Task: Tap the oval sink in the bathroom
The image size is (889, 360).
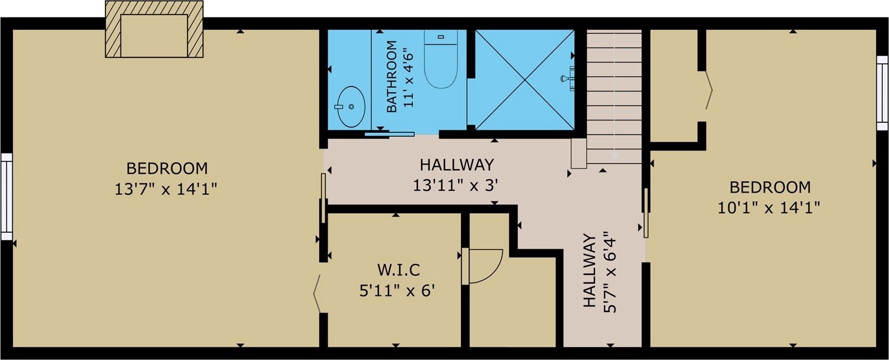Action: click(x=351, y=107)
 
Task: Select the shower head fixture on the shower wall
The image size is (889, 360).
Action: click(x=568, y=78)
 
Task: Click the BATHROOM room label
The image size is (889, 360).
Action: click(x=392, y=76)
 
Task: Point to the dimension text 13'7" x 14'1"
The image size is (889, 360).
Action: click(x=166, y=189)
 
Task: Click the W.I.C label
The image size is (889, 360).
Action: click(x=398, y=270)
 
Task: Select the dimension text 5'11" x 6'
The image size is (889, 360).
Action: click(x=397, y=291)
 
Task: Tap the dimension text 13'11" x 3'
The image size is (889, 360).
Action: click(x=455, y=185)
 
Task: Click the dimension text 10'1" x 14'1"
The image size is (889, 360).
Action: click(x=769, y=208)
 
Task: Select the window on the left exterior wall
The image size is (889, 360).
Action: click(x=6, y=197)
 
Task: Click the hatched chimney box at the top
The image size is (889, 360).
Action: click(x=154, y=30)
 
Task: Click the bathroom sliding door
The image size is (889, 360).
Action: click(x=390, y=134)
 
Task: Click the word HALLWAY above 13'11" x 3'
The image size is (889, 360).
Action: click(x=457, y=164)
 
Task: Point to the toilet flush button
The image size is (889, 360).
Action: click(x=440, y=36)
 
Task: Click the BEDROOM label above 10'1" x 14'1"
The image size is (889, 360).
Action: click(x=770, y=187)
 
